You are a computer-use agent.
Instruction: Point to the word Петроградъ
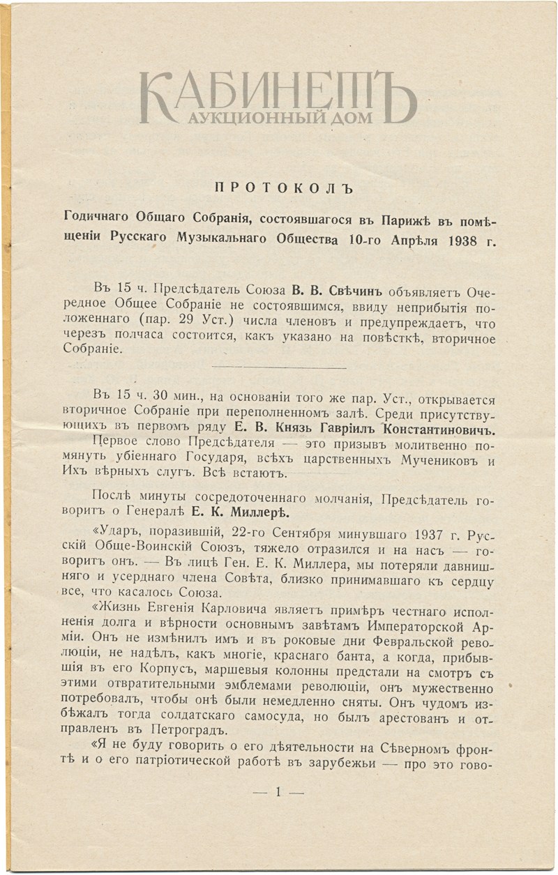pos(183,730)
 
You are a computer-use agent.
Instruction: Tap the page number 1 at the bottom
pos(278,792)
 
